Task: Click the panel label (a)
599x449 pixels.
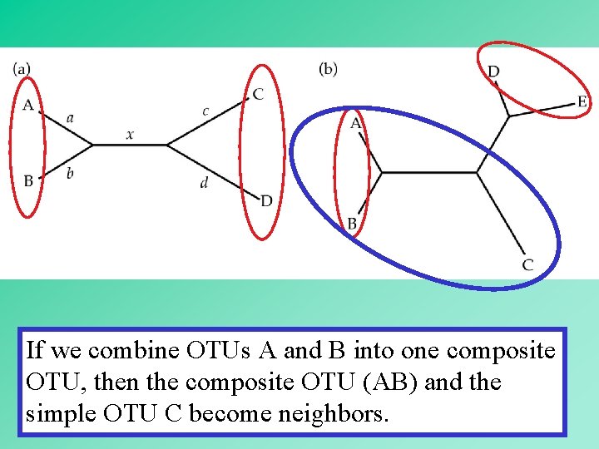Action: [22, 69]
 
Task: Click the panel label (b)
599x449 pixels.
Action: [328, 69]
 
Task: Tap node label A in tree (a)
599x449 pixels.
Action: [28, 106]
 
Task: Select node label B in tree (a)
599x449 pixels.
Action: [28, 180]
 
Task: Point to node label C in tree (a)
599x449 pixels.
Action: [259, 95]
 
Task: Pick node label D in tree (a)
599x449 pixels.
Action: [266, 200]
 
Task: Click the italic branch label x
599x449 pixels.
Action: [130, 134]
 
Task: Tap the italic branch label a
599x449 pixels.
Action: [70, 118]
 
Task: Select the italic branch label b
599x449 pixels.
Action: [70, 172]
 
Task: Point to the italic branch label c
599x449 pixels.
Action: [205, 111]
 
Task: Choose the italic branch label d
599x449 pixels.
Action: [204, 182]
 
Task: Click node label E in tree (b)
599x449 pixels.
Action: [582, 102]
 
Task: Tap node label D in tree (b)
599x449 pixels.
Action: [493, 72]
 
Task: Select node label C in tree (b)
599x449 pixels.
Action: [527, 265]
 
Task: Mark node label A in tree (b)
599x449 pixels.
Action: [356, 123]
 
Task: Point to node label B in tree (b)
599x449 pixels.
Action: [352, 224]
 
